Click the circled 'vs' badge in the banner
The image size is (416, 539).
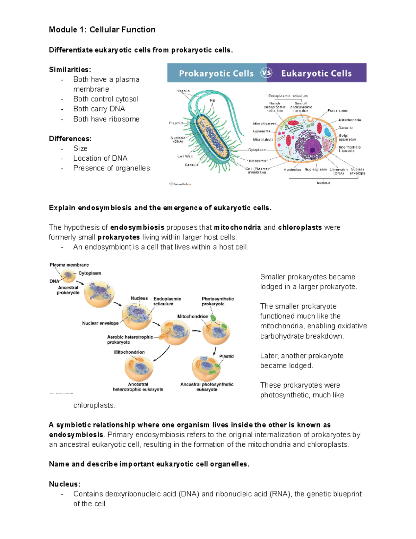[266, 73]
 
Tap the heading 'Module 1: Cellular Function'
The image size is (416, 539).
[102, 30]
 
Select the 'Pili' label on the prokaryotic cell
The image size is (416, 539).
[212, 101]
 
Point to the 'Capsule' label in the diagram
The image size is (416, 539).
[191, 165]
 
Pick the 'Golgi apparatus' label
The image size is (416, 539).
[347, 137]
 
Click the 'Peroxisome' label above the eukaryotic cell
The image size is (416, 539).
[337, 111]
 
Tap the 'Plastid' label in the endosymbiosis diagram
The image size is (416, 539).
[226, 356]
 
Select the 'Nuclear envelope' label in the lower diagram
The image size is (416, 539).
[100, 323]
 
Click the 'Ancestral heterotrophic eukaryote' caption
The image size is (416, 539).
[138, 387]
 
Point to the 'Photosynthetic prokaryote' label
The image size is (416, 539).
[218, 301]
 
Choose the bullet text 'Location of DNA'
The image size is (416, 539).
[100, 158]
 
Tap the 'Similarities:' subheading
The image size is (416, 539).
[70, 70]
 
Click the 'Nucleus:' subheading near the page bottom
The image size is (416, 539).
[64, 484]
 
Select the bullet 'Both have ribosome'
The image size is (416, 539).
[106, 119]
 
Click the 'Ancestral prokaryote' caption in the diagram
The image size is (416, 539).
[68, 290]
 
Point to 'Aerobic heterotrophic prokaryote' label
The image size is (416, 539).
[130, 339]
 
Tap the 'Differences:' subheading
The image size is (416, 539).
[70, 139]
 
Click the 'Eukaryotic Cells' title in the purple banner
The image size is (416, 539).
[316, 74]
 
